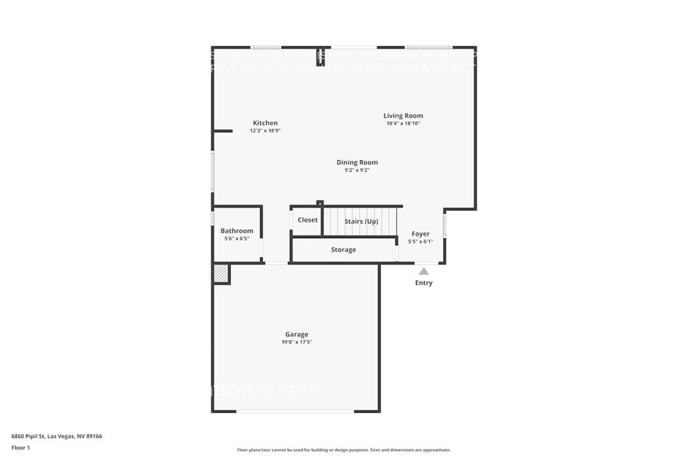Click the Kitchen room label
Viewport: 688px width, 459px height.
tap(264, 123)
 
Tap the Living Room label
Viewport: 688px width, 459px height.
tap(403, 116)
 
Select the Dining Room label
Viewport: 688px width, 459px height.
tap(356, 162)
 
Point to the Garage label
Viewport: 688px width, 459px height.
tap(296, 334)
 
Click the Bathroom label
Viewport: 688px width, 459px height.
tap(236, 230)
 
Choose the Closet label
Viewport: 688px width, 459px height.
tap(307, 220)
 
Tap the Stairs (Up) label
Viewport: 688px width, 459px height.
tap(361, 222)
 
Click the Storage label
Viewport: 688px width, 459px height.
tap(343, 250)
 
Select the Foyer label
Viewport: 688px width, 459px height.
tap(420, 233)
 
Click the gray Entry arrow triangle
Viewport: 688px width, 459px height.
tap(424, 271)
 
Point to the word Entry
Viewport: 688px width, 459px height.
tap(424, 283)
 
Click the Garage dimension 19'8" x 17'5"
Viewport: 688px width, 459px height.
tap(296, 342)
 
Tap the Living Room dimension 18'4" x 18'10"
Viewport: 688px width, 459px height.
tap(403, 123)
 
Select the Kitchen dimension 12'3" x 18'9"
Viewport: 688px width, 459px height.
tap(264, 130)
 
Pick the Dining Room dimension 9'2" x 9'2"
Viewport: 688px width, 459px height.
tap(356, 170)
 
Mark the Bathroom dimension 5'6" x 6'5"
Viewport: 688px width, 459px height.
tap(236, 238)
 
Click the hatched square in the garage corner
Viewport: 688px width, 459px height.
tap(221, 273)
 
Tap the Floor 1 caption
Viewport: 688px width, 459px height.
tap(20, 447)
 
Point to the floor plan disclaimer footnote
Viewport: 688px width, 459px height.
tap(343, 450)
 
